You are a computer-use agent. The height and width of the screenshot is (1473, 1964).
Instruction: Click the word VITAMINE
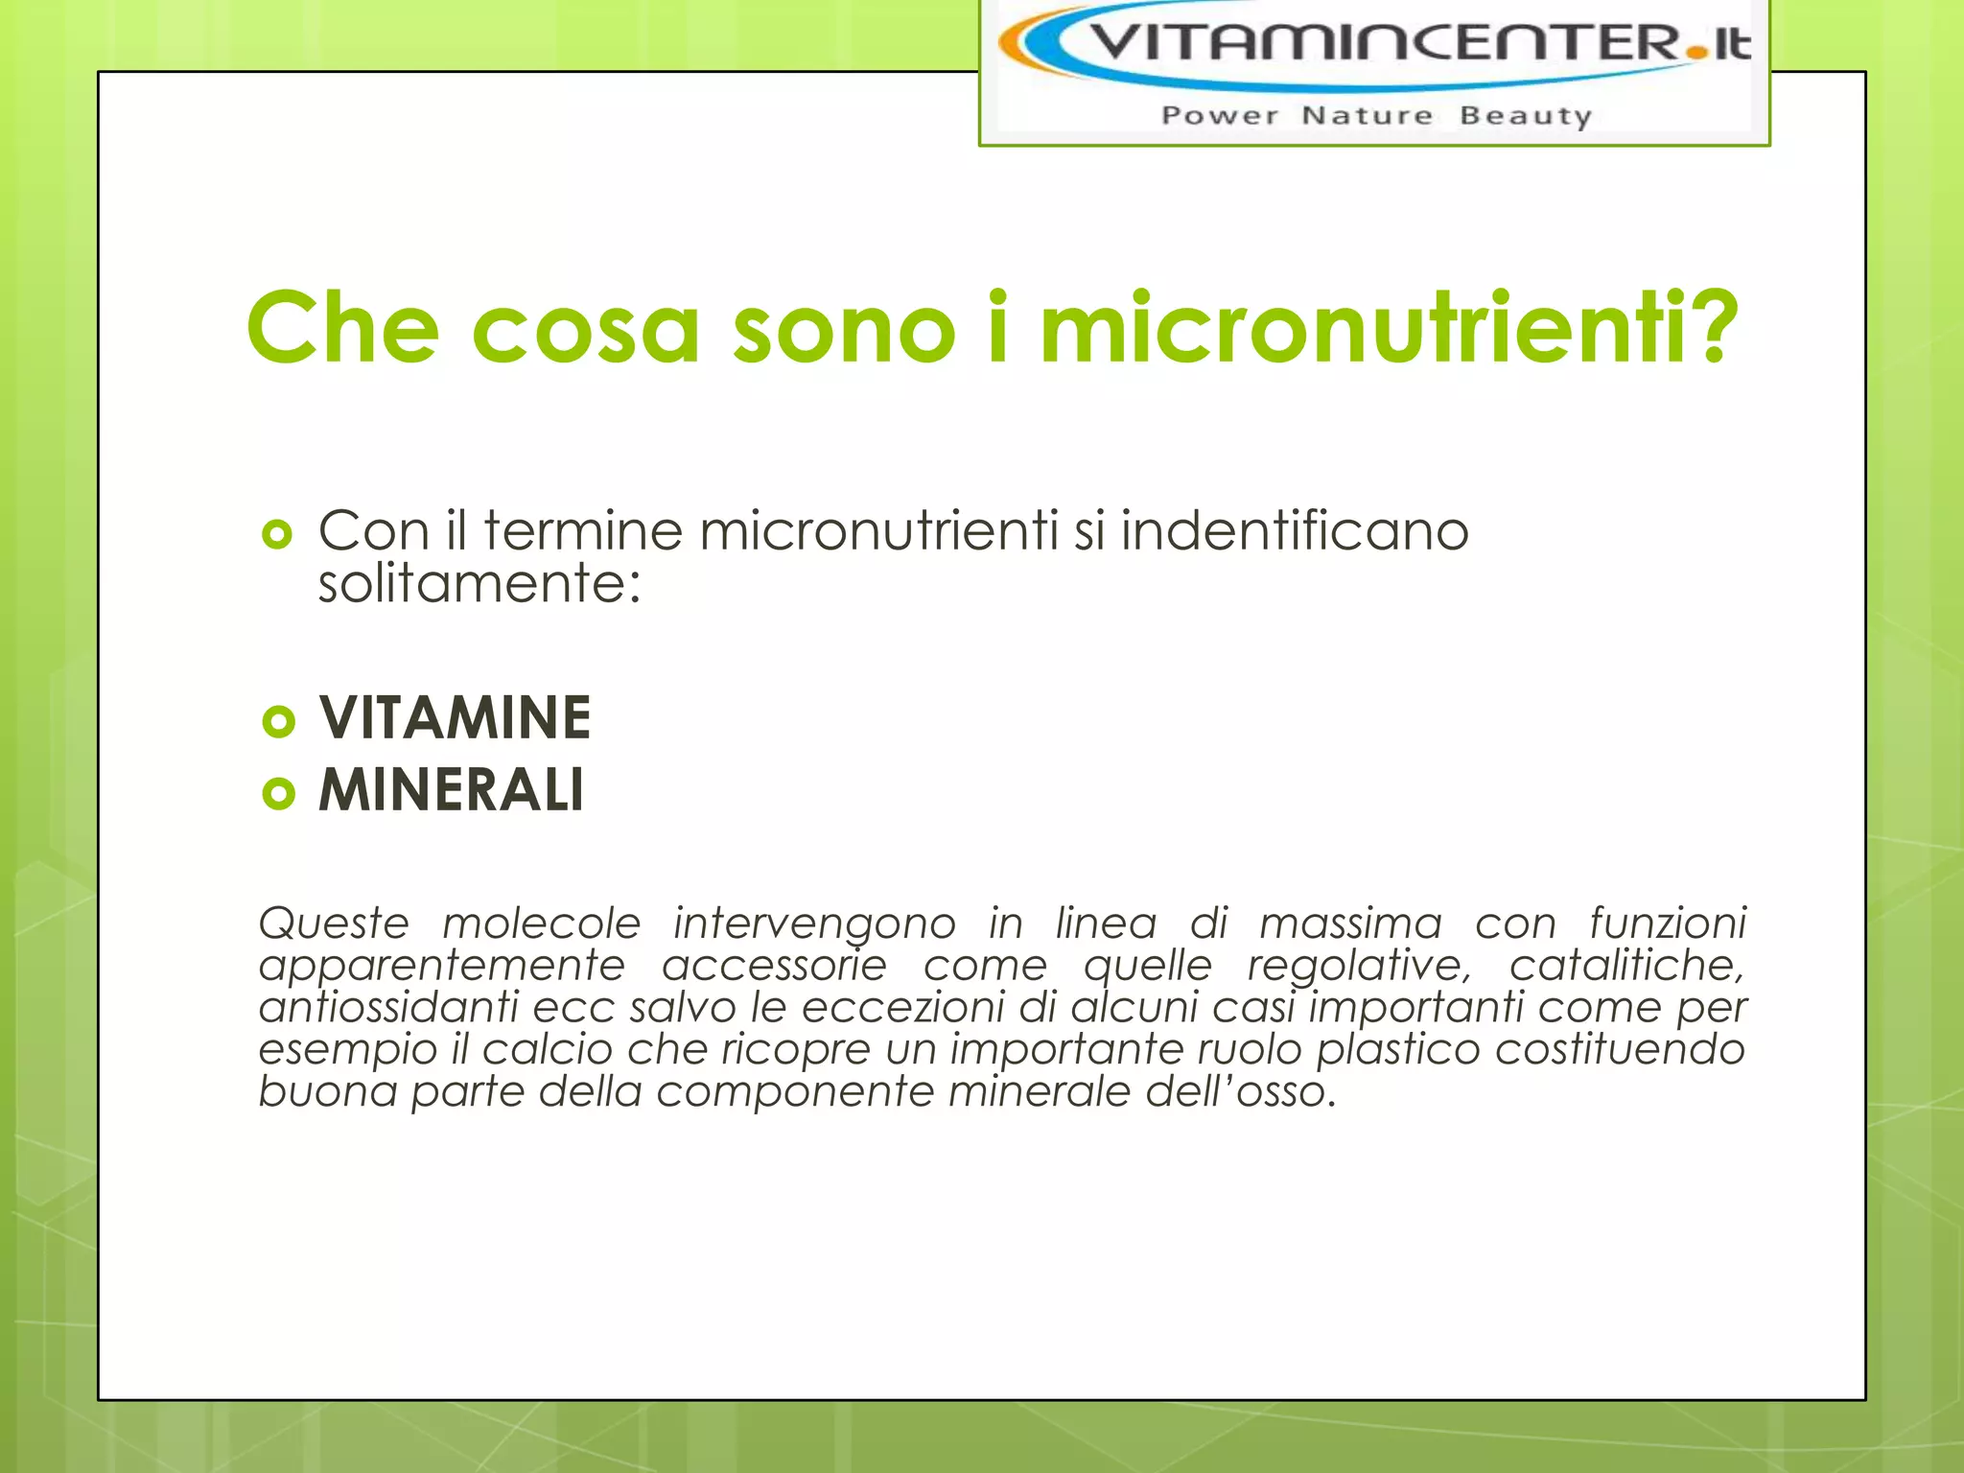coord(455,718)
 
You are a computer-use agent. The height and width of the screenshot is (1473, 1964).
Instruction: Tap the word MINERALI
coord(451,791)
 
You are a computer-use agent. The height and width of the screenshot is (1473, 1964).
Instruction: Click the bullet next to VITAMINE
coord(278,721)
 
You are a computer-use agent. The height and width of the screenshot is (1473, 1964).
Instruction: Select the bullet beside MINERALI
coord(278,793)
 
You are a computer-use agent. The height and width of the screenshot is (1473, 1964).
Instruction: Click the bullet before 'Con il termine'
coord(277,534)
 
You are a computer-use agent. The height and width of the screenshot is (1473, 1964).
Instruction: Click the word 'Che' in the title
coord(342,328)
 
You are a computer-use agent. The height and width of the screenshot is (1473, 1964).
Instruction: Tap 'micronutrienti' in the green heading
coord(1362,328)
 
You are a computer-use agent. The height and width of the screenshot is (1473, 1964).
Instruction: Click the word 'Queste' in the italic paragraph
coord(334,924)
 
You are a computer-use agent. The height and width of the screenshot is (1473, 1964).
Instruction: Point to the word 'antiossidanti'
coord(388,1007)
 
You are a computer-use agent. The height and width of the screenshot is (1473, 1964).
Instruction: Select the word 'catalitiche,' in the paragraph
coord(1626,966)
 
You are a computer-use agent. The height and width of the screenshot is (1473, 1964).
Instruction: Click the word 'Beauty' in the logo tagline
coord(1525,116)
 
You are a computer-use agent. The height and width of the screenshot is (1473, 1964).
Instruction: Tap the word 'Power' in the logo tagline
coord(1220,116)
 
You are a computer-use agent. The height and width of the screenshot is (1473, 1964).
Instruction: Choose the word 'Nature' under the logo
coord(1367,116)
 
